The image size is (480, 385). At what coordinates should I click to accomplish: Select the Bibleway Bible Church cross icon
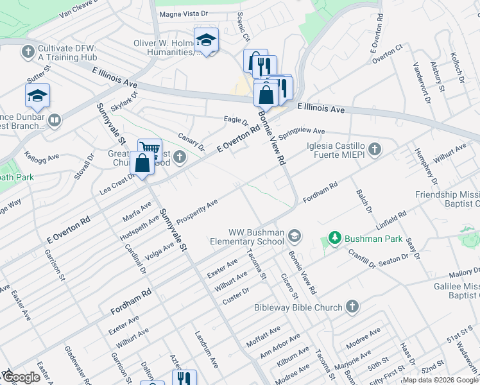pyautogui.click(x=351, y=307)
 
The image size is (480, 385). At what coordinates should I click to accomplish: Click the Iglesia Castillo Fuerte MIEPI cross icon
pyautogui.click(x=375, y=150)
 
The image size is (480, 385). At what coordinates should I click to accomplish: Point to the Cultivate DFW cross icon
pyautogui.click(x=28, y=51)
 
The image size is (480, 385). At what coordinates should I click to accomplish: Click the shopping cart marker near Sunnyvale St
pyautogui.click(x=149, y=149)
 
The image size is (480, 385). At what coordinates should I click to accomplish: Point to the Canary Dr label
pyautogui.click(x=190, y=142)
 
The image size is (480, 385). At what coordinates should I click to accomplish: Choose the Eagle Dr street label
pyautogui.click(x=236, y=120)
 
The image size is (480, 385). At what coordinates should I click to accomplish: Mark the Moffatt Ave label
pyautogui.click(x=263, y=336)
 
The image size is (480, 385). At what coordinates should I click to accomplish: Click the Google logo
pyautogui.click(x=22, y=378)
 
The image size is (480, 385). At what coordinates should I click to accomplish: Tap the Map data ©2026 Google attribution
pyautogui.click(x=440, y=380)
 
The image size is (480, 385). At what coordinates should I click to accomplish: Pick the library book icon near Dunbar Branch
pyautogui.click(x=55, y=120)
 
